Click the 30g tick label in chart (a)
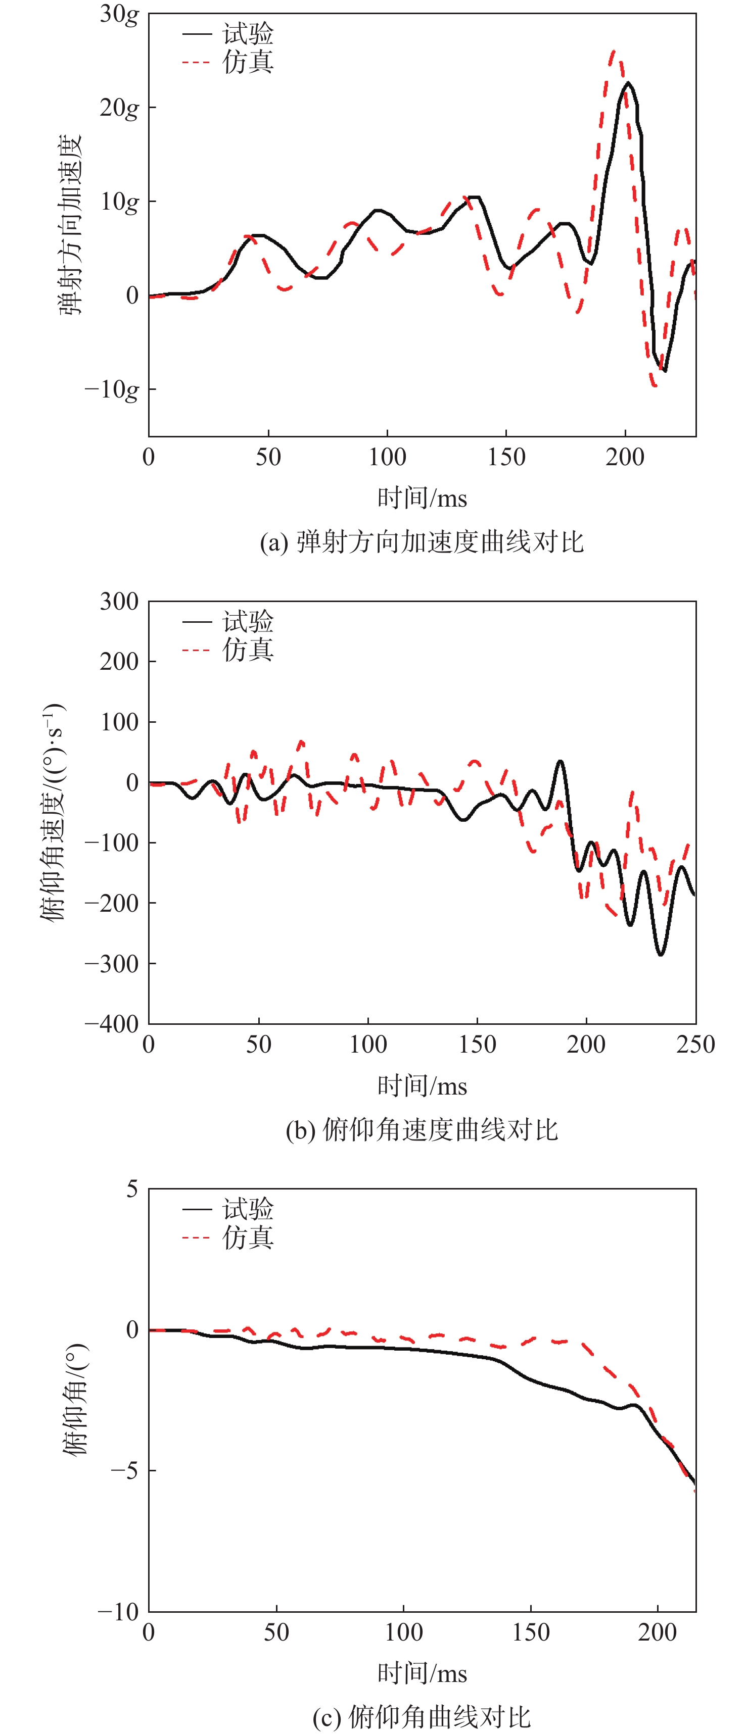click(119, 14)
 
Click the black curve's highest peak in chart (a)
click(628, 83)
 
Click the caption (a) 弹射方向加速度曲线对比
click(422, 542)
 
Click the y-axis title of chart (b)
click(53, 811)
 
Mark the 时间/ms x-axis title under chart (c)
click(422, 1673)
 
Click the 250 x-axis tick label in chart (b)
click(695, 1045)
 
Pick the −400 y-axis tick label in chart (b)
click(112, 1024)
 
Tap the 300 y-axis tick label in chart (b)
click(119, 601)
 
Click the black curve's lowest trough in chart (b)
click(661, 953)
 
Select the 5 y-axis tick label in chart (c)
click(132, 1189)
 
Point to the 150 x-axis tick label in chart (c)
click(531, 1632)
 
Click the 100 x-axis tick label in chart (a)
click(387, 457)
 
